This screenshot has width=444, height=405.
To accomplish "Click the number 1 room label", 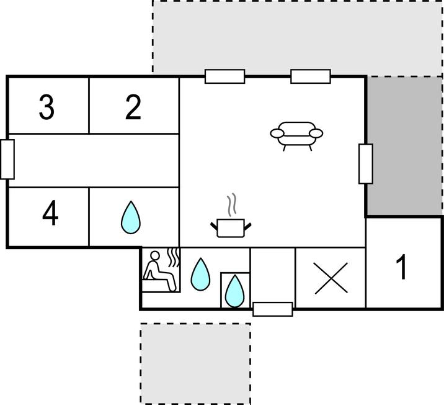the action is point(402,266).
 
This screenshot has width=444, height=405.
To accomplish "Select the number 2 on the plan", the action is point(133,107).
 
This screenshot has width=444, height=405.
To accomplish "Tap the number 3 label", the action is point(47,107).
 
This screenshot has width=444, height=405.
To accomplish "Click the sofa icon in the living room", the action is point(296,136).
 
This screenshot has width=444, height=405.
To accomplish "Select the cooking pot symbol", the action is point(231,228).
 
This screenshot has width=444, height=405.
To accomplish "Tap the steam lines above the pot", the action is point(232,203).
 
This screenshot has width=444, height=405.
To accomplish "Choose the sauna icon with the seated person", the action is point(161,270).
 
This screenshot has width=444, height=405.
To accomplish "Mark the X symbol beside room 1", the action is point(331,278).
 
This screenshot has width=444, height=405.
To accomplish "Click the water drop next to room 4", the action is point(131,218).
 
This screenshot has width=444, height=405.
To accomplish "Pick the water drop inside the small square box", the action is point(235,291).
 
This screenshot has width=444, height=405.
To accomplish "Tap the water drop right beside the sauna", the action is point(200,275).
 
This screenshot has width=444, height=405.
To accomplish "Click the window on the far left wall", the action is point(7,160).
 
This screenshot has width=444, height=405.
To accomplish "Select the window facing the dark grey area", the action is point(366,163).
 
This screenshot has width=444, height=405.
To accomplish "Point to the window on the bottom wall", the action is point(273,309).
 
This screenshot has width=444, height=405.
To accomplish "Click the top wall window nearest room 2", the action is point(225,76).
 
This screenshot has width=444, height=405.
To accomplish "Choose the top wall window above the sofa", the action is point(311,76).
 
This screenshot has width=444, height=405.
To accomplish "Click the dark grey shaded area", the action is point(405,146).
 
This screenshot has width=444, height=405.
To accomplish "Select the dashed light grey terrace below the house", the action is point(195,363).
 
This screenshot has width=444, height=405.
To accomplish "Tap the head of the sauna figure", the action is point(155,255).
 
